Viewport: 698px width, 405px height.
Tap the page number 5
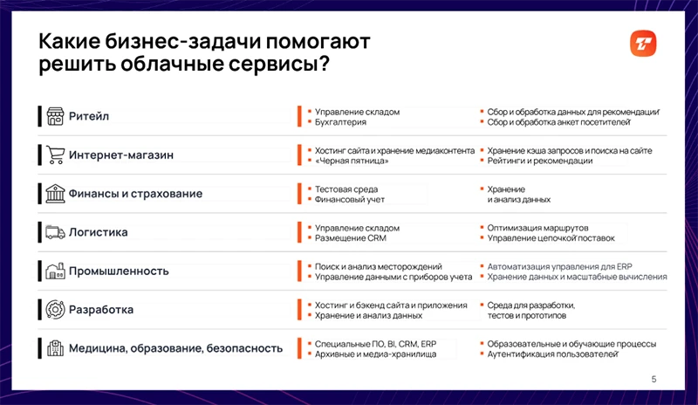pos(654,379)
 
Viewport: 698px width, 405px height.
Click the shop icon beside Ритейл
pos(56,116)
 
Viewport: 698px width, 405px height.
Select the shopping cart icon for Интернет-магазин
pos(56,154)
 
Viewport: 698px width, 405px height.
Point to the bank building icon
pos(56,193)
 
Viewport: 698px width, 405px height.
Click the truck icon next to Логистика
pos(56,232)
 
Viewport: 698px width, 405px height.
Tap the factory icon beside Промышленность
pos(56,271)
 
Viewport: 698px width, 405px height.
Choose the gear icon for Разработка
pos(56,309)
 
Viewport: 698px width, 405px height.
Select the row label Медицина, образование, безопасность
pos(175,348)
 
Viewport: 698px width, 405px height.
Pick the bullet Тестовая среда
pos(346,189)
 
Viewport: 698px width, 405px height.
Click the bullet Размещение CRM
pos(350,238)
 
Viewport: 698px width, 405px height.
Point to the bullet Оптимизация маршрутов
pos(538,227)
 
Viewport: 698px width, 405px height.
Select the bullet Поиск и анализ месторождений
pos(378,265)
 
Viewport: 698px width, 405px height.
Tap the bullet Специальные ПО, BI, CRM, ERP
pos(375,343)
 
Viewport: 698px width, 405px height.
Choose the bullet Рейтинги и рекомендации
pos(540,161)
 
